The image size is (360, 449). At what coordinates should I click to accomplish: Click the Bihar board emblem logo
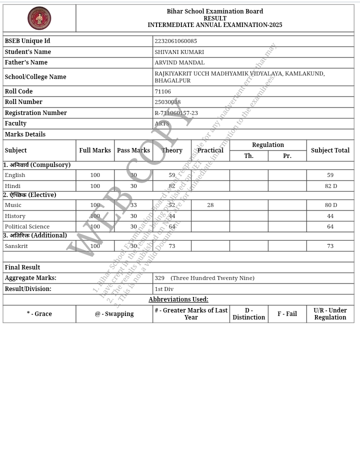point(39,18)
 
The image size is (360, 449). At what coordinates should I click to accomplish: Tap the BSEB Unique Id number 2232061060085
point(175,41)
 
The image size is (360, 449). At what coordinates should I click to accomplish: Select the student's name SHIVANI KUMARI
point(179,52)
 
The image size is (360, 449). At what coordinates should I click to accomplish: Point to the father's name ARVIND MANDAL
point(179,62)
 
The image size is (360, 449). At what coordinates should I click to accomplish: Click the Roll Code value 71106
point(162,91)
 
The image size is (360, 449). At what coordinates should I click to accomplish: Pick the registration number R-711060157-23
point(176,113)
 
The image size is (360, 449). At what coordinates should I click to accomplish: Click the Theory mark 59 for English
point(171,175)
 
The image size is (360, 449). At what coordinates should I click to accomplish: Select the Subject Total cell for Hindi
point(330,186)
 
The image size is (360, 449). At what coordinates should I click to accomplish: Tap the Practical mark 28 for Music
point(210,205)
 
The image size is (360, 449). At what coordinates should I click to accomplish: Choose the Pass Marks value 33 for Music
point(133,205)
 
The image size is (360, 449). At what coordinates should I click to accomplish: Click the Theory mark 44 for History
point(171,216)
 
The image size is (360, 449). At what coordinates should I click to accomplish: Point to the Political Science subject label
point(27,226)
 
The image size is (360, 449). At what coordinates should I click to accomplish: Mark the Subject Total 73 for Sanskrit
point(330,246)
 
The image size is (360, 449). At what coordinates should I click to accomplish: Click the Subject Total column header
point(330,150)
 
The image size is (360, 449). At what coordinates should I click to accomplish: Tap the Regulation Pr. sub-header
point(287,156)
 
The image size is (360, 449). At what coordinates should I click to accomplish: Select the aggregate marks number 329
point(159,278)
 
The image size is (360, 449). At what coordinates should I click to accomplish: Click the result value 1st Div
point(164,289)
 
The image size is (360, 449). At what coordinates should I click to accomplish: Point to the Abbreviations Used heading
point(178,299)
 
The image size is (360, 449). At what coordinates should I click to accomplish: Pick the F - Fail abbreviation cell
point(287,314)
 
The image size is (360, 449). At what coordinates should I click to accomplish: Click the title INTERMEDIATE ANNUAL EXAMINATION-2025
point(214,25)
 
